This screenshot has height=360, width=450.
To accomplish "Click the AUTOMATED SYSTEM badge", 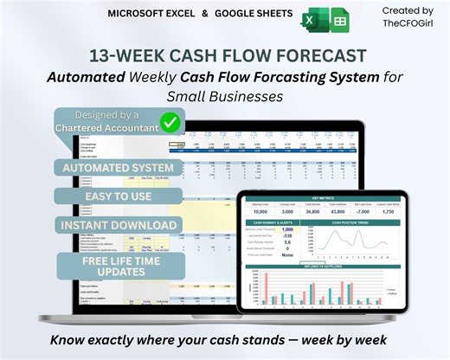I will point(117,167).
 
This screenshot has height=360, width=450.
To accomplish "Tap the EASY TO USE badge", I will point(117,196).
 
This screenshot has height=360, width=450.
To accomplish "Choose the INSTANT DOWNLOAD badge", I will point(119,225).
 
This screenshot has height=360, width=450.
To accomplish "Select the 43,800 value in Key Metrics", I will point(313,212).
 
